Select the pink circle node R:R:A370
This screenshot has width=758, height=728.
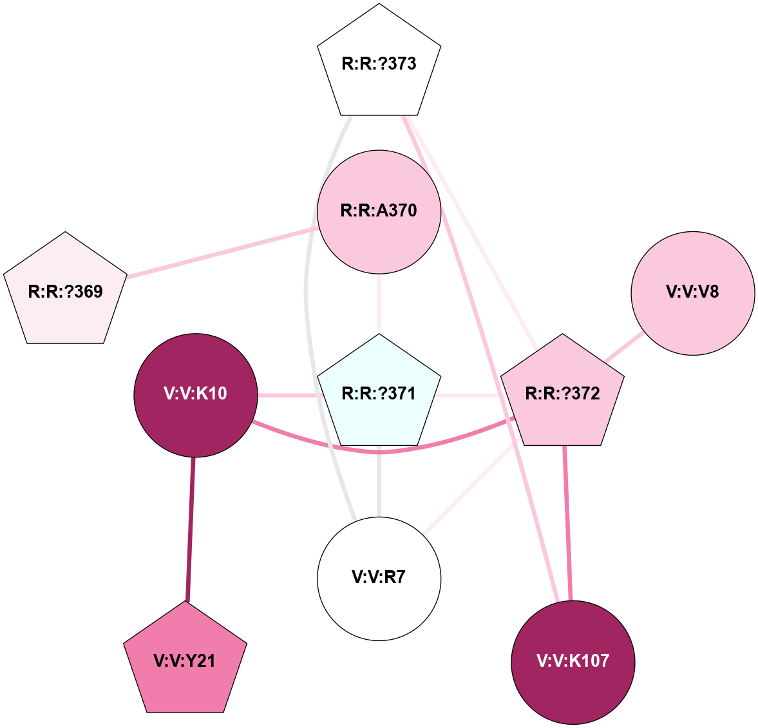tap(379, 211)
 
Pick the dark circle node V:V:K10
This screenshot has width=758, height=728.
tap(195, 394)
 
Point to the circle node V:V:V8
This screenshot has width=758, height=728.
tap(692, 292)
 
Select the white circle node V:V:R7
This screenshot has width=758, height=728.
tap(379, 578)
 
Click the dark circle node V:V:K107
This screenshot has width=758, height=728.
tap(573, 662)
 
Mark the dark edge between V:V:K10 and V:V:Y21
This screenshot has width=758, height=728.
tap(191, 528)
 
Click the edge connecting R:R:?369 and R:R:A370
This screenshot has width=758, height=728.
tap(222, 252)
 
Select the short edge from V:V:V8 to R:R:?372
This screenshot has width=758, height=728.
tap(623, 347)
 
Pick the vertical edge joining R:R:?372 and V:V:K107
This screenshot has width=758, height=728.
tap(567, 522)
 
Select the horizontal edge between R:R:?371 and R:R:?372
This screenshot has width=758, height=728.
tap(470, 394)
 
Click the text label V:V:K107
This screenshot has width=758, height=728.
tap(573, 661)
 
